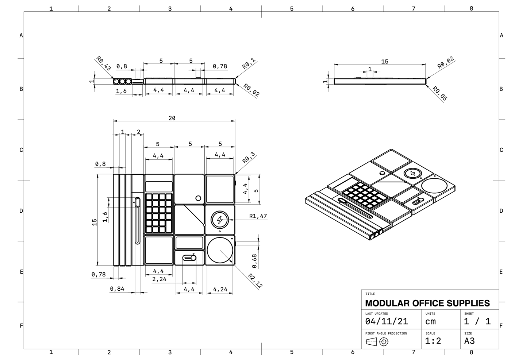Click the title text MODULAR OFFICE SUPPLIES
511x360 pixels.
427,303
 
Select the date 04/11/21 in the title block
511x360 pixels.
387,322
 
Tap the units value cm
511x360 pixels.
430,322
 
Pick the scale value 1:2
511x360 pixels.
433,341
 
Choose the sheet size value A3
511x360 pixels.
469,341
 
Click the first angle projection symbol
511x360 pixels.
377,342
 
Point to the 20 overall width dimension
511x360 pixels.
172,118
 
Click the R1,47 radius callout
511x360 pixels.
258,216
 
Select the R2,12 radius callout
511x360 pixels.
255,281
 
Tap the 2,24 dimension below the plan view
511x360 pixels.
159,279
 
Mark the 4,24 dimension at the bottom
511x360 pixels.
220,289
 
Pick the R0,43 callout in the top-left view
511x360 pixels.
103,63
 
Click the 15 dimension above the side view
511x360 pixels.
385,61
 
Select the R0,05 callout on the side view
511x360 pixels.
440,93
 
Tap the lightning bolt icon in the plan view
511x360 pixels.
220,220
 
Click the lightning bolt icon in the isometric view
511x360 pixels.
413,173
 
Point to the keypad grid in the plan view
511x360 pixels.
159,213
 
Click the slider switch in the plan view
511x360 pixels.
189,258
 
